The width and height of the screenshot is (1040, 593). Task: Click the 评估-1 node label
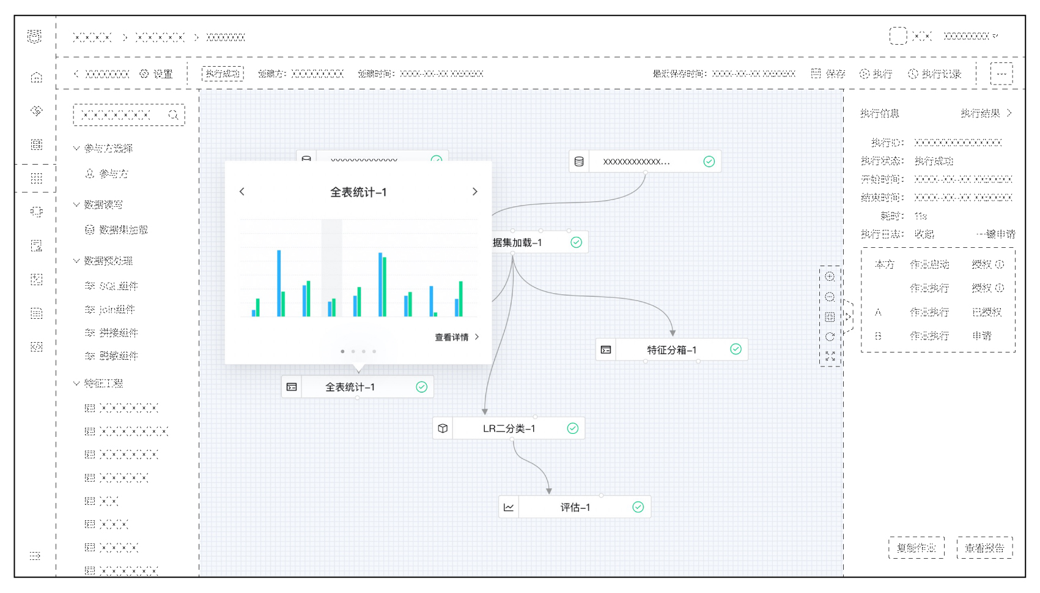tap(575, 507)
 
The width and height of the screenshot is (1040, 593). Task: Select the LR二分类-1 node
tap(509, 428)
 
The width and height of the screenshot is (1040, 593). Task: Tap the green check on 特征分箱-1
tap(736, 349)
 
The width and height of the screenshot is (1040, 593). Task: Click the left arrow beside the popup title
tap(242, 192)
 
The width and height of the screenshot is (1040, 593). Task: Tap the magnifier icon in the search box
tap(173, 115)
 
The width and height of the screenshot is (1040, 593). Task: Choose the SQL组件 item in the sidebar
tap(119, 286)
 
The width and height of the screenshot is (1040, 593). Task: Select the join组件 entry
tap(117, 310)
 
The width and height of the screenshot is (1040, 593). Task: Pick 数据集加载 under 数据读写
tap(123, 230)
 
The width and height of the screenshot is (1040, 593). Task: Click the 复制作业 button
tap(916, 548)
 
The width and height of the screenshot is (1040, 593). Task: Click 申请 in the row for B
tap(982, 336)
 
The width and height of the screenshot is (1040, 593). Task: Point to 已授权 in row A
tap(986, 312)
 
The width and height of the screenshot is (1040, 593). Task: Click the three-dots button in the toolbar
tap(1001, 74)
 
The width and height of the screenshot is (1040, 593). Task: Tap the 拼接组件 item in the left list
tap(119, 333)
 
